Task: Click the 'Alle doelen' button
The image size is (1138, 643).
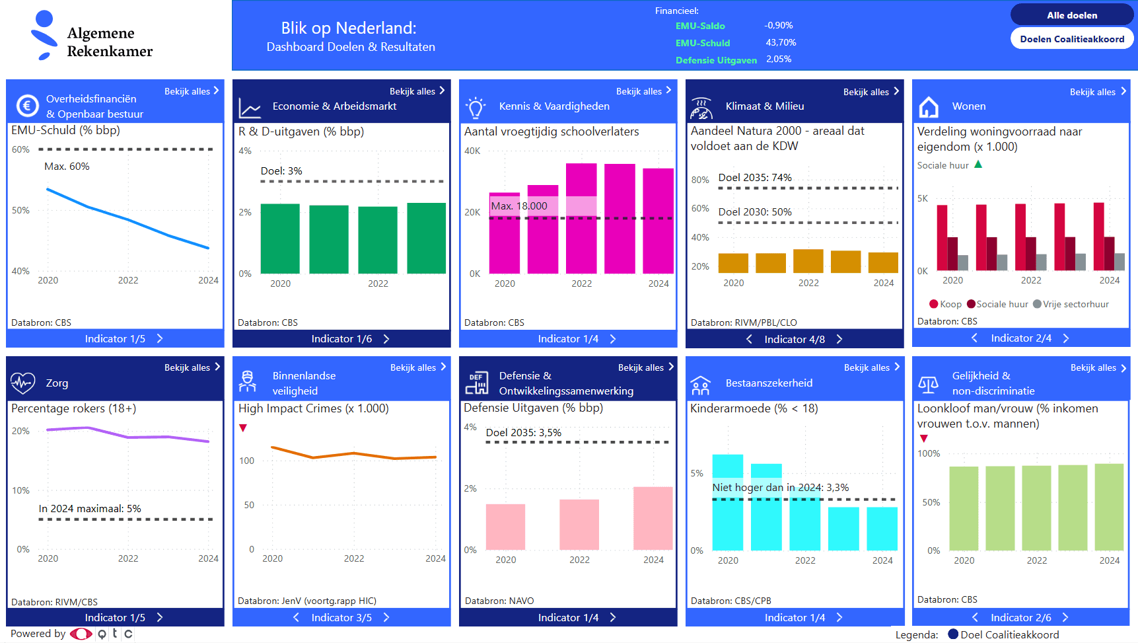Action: [x=1071, y=15]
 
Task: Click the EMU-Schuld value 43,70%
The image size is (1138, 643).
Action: [x=781, y=42]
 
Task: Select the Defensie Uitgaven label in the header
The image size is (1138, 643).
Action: [x=716, y=60]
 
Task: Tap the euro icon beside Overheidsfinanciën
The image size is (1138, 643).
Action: [x=27, y=106]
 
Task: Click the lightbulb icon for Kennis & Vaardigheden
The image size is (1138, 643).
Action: [x=475, y=107]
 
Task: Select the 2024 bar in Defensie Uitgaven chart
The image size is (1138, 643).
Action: [x=653, y=518]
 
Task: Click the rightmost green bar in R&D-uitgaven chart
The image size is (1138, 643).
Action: [x=426, y=238]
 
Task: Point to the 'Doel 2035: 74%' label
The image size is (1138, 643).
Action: [x=754, y=177]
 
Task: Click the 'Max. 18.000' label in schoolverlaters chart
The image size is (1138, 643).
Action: [x=519, y=206]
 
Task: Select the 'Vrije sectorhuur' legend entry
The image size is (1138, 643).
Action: [x=1071, y=304]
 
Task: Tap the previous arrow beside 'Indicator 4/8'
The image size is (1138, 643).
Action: [x=749, y=339]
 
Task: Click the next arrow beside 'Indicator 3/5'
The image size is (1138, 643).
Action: [x=386, y=617]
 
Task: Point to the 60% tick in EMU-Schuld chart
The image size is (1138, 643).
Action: [x=20, y=149]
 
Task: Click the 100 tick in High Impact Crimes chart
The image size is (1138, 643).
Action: [x=246, y=461]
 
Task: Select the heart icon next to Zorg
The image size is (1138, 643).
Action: [x=22, y=383]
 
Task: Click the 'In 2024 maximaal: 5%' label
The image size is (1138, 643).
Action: [x=90, y=508]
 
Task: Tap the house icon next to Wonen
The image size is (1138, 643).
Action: [x=929, y=106]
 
